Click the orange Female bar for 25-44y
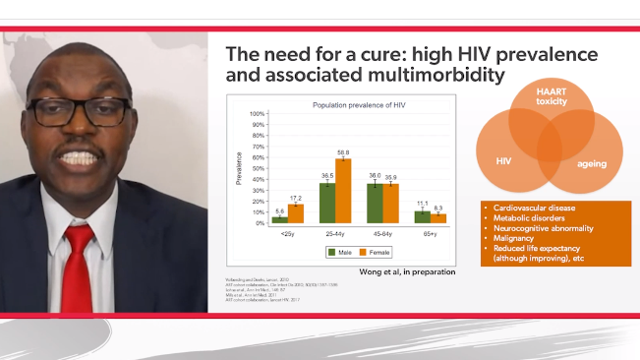tap(343, 191)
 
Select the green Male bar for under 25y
tap(280, 219)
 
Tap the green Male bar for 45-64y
tap(374, 203)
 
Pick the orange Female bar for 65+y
tap(437, 218)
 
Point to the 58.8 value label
tap(343, 153)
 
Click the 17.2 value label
tap(296, 198)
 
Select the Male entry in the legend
tap(335, 252)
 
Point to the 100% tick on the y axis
tap(258, 114)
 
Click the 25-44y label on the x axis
tap(335, 233)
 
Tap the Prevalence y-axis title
tap(239, 168)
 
